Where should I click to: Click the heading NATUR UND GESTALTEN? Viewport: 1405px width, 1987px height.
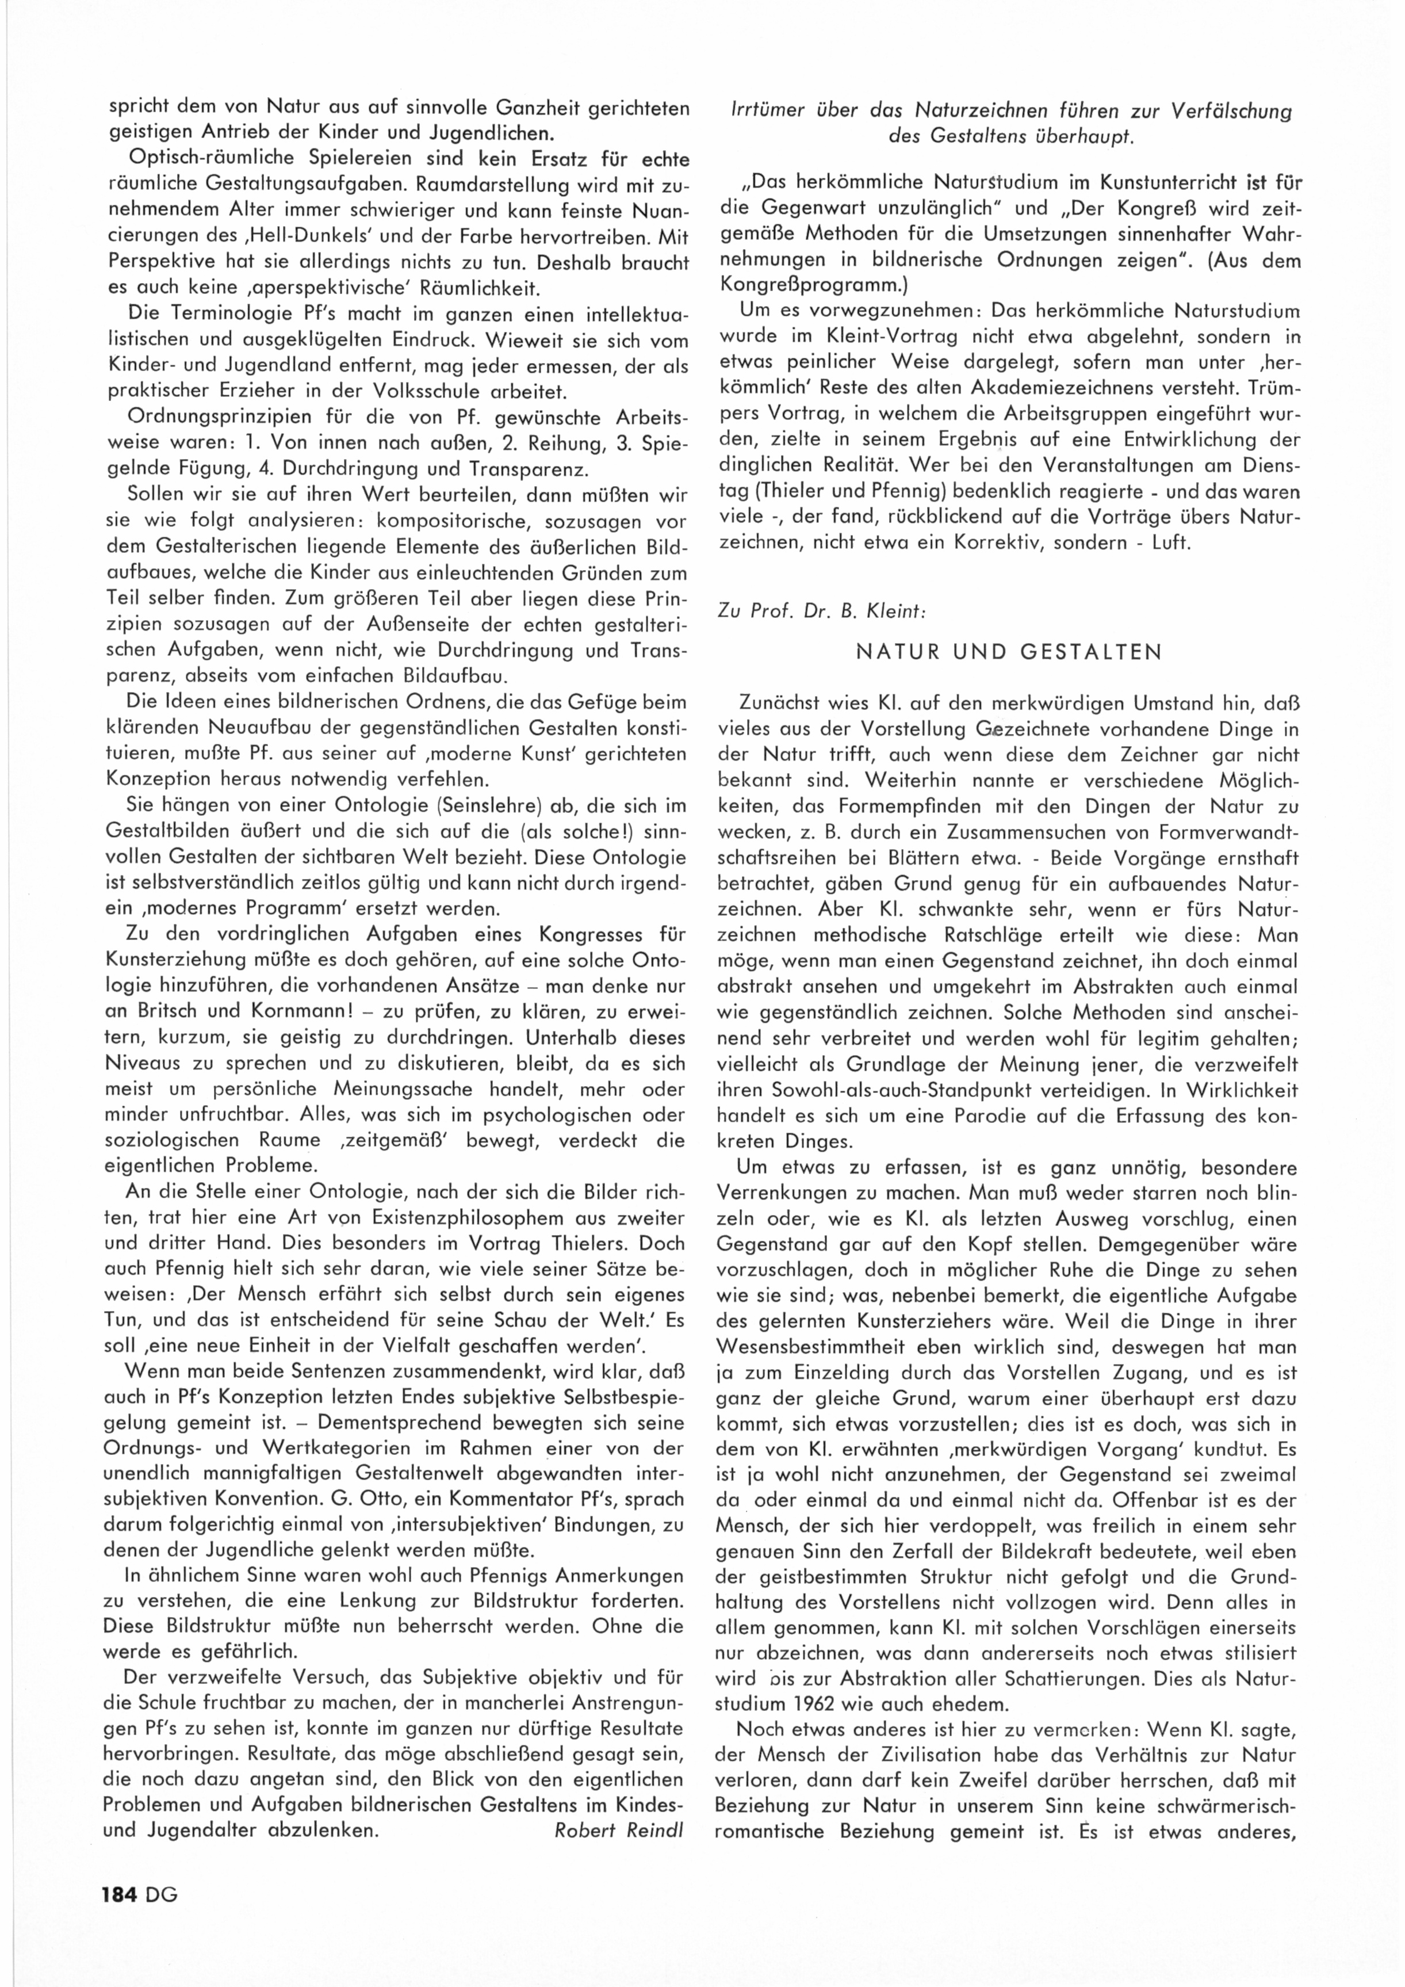pos(1009,652)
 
